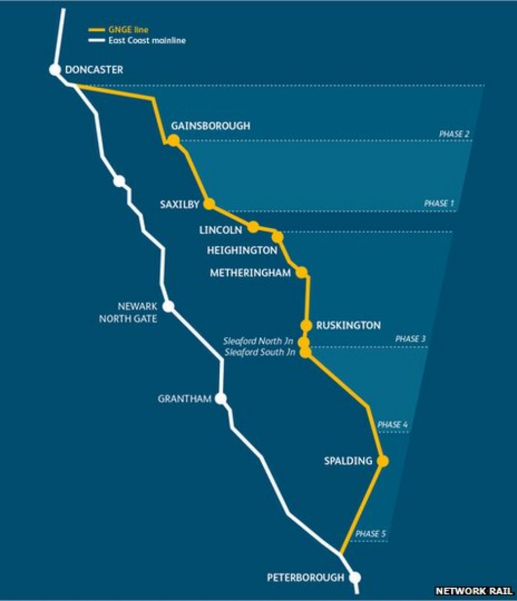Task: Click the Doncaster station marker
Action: (x=55, y=69)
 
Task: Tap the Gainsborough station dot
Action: (x=173, y=140)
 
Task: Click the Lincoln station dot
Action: (x=253, y=227)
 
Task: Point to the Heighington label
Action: (x=242, y=250)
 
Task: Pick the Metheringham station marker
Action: (x=301, y=272)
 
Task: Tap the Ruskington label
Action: (x=348, y=326)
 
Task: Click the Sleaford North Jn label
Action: (x=258, y=342)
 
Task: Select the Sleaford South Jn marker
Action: (x=306, y=352)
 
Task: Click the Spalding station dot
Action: (x=382, y=461)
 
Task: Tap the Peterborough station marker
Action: (x=355, y=578)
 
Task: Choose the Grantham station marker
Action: (x=221, y=399)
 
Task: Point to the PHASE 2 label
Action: (x=454, y=134)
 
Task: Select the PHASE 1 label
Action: (x=439, y=203)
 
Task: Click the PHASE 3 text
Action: (x=410, y=339)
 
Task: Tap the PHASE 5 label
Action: (x=370, y=534)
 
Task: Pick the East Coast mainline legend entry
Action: (x=143, y=40)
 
